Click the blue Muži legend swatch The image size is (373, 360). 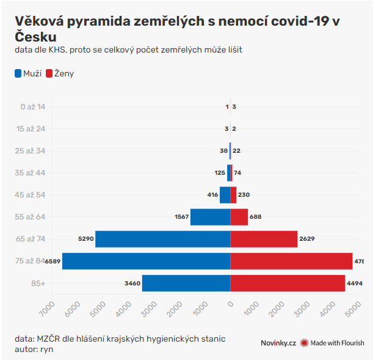tap(18, 73)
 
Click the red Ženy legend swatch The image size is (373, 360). tap(49, 73)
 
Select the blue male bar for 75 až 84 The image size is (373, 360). tap(146, 261)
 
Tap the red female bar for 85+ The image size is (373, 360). tap(288, 283)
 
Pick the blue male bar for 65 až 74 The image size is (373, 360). tap(162, 239)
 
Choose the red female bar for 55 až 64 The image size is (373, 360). tap(239, 217)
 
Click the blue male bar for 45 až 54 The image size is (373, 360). tap(225, 195)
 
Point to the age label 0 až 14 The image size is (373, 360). tap(33, 107)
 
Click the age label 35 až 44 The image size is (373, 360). tap(31, 173)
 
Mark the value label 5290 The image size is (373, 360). tap(86, 239)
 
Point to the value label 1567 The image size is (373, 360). tap(181, 217)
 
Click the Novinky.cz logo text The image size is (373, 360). tap(278, 343)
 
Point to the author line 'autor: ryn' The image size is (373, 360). tap(35, 348)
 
